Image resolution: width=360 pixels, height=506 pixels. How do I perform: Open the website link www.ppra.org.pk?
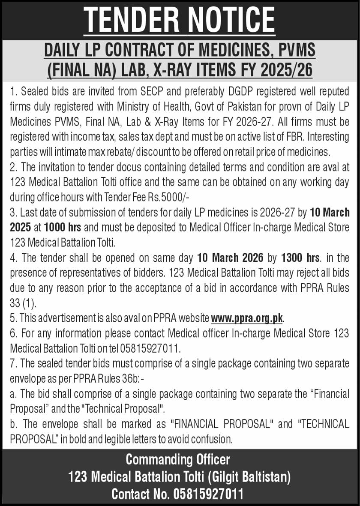[247, 318]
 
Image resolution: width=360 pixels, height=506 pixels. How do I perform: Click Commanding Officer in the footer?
[177, 460]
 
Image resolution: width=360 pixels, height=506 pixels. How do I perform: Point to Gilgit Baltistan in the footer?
[250, 476]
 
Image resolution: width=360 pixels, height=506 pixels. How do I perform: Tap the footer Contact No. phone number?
[208, 494]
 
